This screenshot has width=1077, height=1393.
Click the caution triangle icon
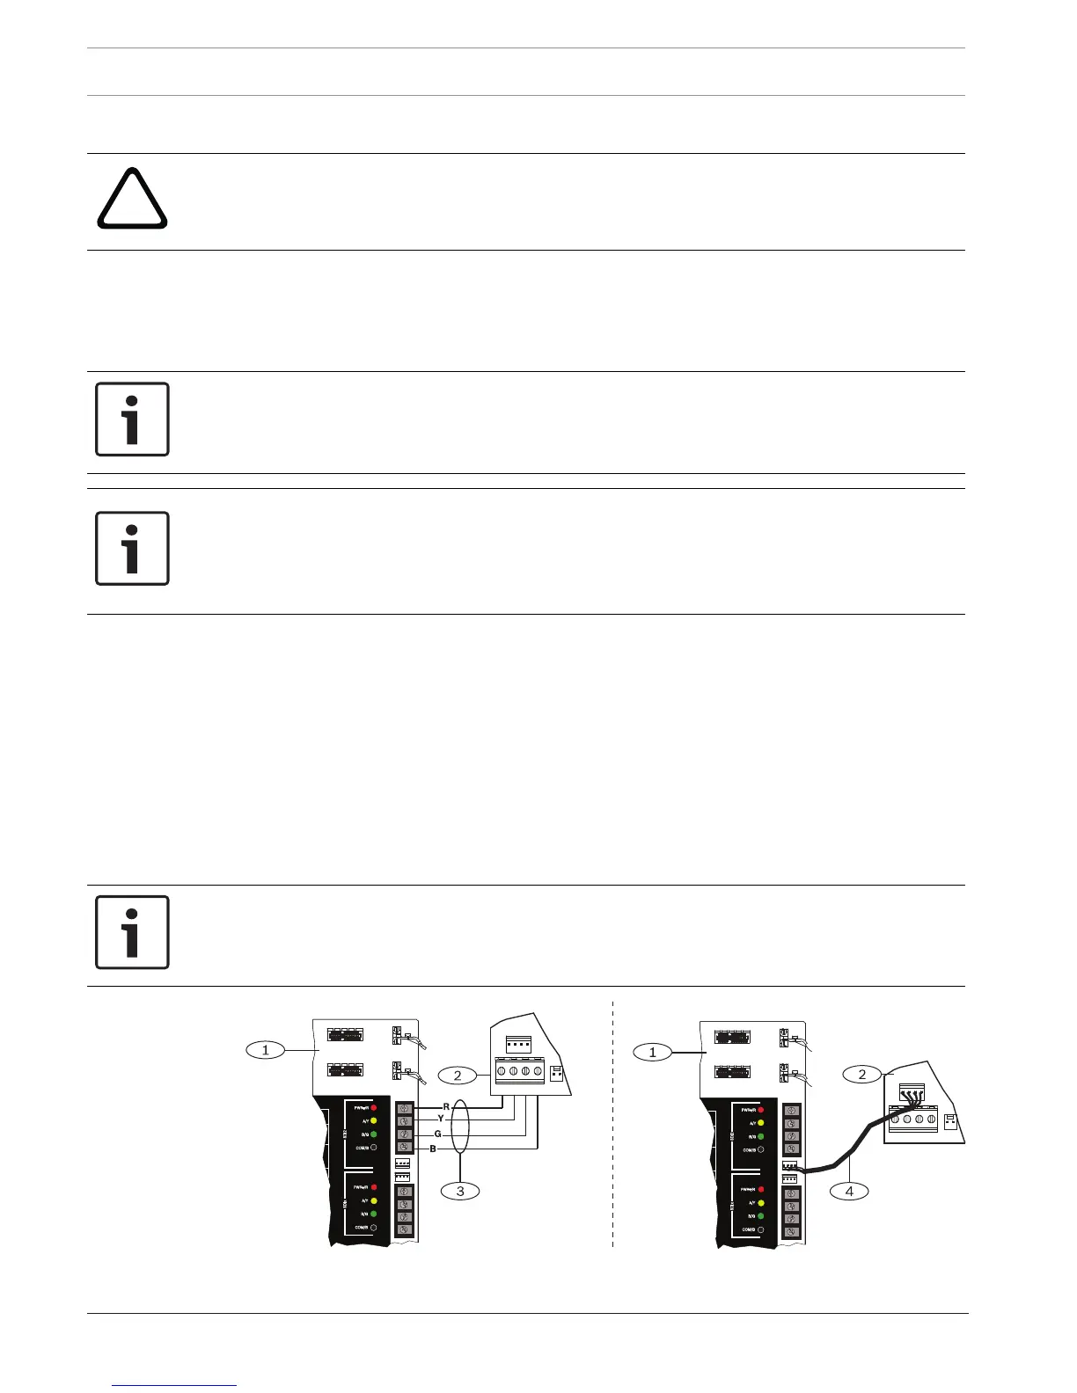pos(132,200)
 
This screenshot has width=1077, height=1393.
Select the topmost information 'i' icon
pos(132,419)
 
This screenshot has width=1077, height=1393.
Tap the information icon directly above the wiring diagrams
pos(132,932)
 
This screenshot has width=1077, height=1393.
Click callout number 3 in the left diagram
pos(460,1191)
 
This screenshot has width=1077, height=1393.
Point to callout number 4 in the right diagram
pos(849,1192)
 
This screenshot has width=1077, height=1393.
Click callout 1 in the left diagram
pos(265,1049)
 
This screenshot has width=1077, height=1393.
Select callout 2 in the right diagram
pos(862,1074)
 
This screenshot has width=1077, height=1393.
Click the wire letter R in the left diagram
pos(446,1106)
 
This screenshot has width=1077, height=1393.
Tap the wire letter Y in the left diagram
pos(441,1119)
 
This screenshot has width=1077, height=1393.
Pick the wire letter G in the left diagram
pos(437,1134)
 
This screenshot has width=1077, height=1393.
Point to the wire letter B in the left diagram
pos(433,1149)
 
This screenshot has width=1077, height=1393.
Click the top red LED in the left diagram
pos(374,1108)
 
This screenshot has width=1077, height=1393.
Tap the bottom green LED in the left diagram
pos(374,1214)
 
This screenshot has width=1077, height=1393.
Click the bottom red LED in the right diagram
pos(760,1189)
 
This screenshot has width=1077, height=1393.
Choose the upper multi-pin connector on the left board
pos(346,1035)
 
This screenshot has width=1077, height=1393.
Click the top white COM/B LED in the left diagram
pos(374,1148)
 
